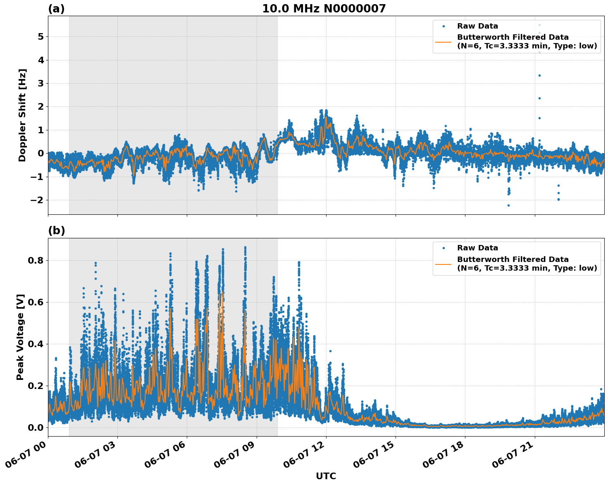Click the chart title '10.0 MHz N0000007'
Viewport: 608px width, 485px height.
coord(324,9)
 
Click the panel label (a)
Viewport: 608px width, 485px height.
coord(56,9)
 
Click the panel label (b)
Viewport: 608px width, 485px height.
coord(56,230)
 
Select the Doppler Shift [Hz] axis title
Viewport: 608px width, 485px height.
coord(22,115)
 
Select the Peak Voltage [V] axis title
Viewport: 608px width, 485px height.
coord(20,337)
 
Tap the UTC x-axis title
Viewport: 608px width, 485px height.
coord(326,476)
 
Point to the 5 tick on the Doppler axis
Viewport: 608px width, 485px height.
coord(41,37)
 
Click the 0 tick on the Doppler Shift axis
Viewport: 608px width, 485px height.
coord(41,154)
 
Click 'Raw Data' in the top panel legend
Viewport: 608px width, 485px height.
coord(477,26)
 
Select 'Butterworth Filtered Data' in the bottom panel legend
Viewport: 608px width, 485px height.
coord(513,259)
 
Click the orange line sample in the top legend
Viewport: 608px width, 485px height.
coord(443,41)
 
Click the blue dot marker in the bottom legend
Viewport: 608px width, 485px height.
coord(443,248)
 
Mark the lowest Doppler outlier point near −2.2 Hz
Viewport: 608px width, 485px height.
coord(508,205)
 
